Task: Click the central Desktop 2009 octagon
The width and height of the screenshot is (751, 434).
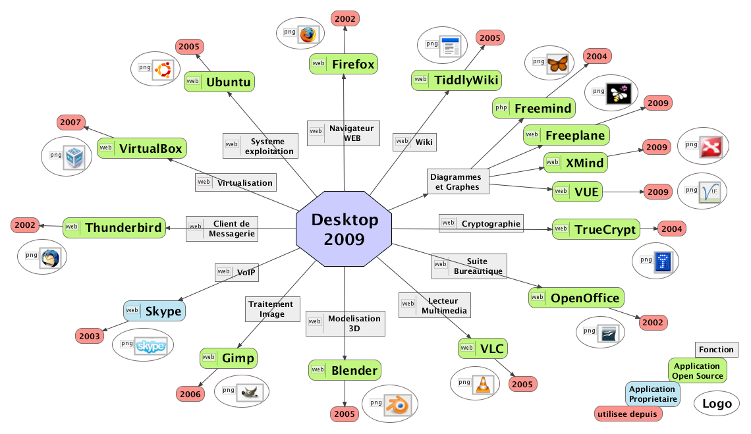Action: coord(344,229)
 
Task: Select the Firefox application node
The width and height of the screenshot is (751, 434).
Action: coord(344,64)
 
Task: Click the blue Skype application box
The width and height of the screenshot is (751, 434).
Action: coord(154,311)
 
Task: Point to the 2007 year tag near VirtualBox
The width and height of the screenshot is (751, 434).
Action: coord(70,122)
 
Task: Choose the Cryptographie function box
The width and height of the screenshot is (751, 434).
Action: coord(482,223)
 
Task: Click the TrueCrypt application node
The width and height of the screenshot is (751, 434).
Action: coord(596,229)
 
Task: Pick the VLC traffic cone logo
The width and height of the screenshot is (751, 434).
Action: coord(484,384)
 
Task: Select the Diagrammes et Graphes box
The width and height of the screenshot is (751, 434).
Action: coord(456,181)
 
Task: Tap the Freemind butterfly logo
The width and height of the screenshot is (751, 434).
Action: coord(557,64)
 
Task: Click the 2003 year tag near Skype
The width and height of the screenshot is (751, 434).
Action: coord(90,336)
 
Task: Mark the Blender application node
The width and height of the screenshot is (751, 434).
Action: coord(345,370)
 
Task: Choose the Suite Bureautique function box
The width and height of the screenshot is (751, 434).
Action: coord(469,266)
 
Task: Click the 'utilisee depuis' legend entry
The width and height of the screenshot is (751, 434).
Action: coord(627,414)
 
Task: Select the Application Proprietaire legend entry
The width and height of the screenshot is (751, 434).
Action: coord(652,394)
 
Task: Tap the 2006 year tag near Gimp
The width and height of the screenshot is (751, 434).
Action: coord(190,394)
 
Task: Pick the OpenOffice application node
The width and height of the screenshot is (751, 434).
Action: coord(576,298)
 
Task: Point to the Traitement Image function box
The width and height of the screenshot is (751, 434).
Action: coord(271,309)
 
